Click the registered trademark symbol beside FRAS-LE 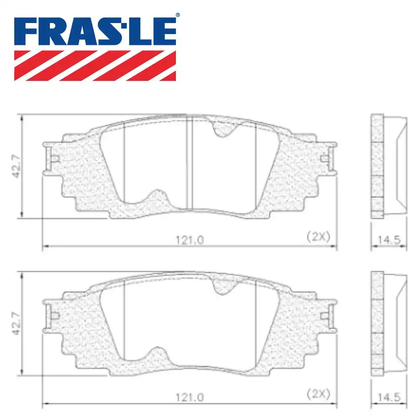[178, 16]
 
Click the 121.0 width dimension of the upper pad [189, 240]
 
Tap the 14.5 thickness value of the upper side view [389, 240]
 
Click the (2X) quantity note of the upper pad [318, 237]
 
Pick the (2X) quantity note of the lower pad [318, 393]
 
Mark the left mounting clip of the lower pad [50, 314]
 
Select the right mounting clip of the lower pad [328, 314]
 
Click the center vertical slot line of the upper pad [191, 163]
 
